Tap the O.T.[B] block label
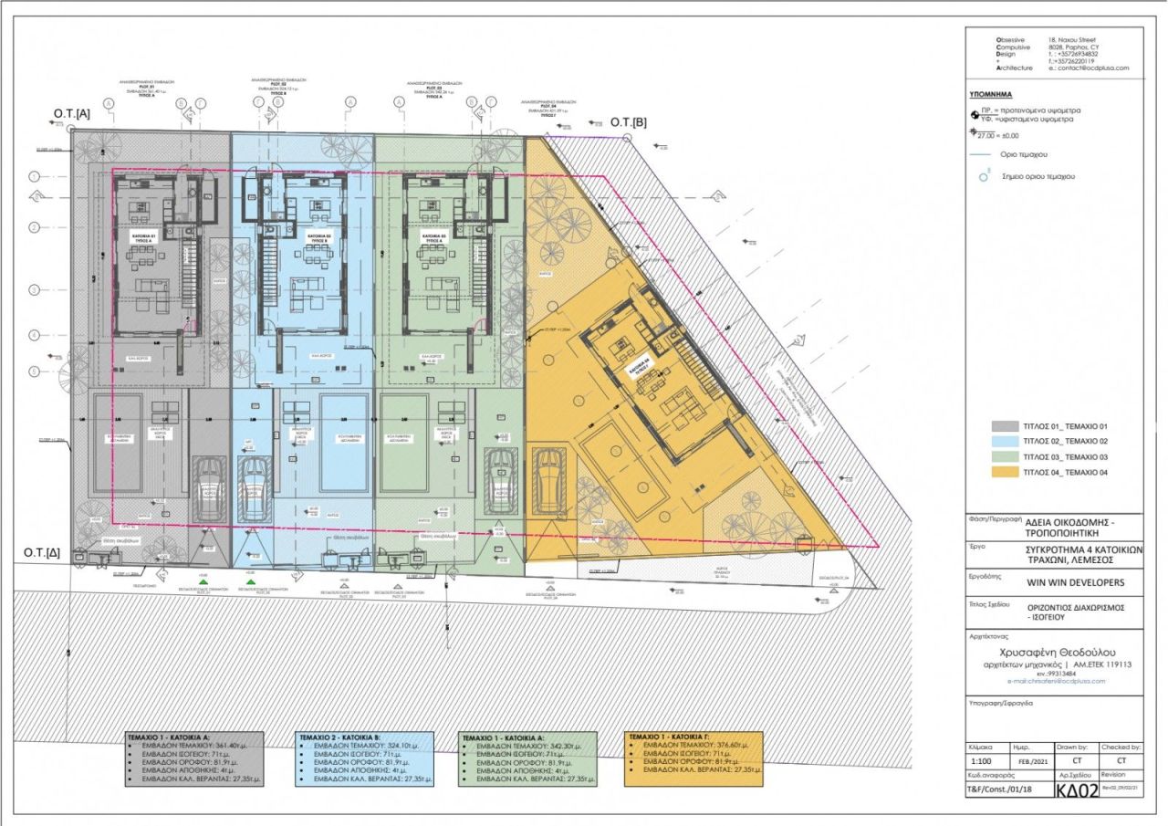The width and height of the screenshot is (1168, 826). click(x=628, y=121)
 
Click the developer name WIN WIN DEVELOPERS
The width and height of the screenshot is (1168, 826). click(x=1073, y=583)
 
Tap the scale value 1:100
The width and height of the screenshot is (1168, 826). click(x=983, y=759)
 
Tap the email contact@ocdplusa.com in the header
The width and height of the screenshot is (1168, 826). click(x=1089, y=68)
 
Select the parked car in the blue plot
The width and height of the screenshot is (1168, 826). click(x=255, y=491)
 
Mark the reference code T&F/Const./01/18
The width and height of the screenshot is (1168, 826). click(x=1005, y=790)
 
